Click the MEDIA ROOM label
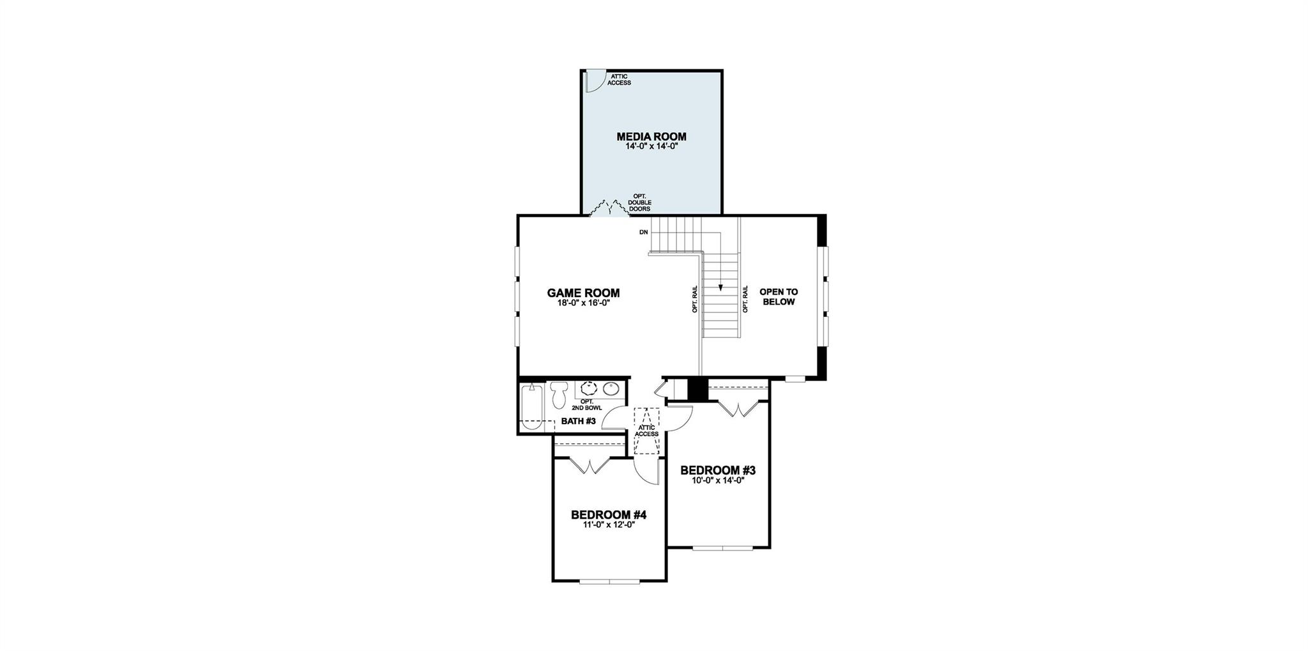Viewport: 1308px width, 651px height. (651, 136)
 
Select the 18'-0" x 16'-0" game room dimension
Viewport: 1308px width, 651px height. (584, 303)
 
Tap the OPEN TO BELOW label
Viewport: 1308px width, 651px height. (779, 296)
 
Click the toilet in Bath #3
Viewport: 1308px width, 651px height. (559, 394)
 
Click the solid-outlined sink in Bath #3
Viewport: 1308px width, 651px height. (612, 388)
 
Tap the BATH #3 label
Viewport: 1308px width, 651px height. (578, 421)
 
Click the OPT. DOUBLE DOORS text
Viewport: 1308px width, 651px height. (639, 203)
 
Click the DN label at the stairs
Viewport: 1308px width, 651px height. (643, 232)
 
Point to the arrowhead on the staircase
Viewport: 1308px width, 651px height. (720, 287)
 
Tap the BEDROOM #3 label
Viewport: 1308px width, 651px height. (718, 470)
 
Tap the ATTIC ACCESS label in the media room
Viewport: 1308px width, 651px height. (619, 79)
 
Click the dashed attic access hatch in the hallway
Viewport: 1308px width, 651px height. (646, 431)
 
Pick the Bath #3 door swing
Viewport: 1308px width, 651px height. (616, 418)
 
